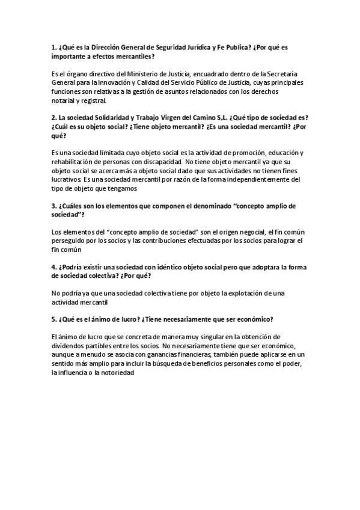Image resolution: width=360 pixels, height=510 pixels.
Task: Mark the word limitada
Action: click(x=104, y=153)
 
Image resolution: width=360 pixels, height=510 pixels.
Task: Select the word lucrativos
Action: click(x=67, y=180)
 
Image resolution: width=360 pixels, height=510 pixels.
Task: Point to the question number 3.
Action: click(x=55, y=206)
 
